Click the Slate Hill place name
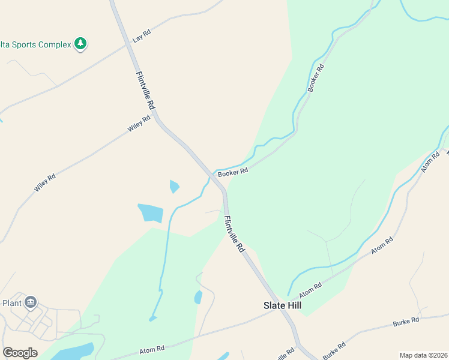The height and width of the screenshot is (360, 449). pyautogui.click(x=283, y=305)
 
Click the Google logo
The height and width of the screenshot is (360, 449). pyautogui.click(x=20, y=353)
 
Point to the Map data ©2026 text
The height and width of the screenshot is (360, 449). pyautogui.click(x=423, y=355)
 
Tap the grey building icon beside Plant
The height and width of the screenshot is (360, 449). pyautogui.click(x=31, y=302)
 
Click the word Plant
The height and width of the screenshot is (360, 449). pyautogui.click(x=12, y=303)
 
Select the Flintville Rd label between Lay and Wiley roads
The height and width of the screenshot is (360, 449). pyautogui.click(x=146, y=90)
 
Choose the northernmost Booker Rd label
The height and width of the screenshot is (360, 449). pyautogui.click(x=316, y=77)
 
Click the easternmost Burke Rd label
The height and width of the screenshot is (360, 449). pyautogui.click(x=406, y=322)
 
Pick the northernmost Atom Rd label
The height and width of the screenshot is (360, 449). pyautogui.click(x=430, y=162)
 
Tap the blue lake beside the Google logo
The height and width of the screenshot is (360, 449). pyautogui.click(x=72, y=350)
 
